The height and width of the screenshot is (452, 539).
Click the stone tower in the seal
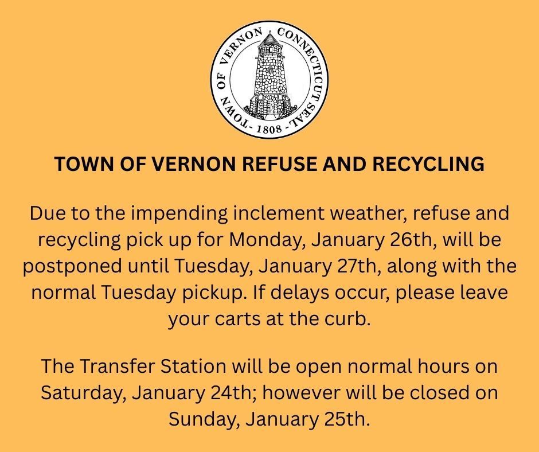click(269, 80)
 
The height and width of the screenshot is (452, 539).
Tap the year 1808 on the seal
click(269, 128)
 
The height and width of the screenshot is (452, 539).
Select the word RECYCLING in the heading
click(432, 164)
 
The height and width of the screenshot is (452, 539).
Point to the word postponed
click(80, 267)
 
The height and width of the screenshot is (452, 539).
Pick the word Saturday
click(83, 393)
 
